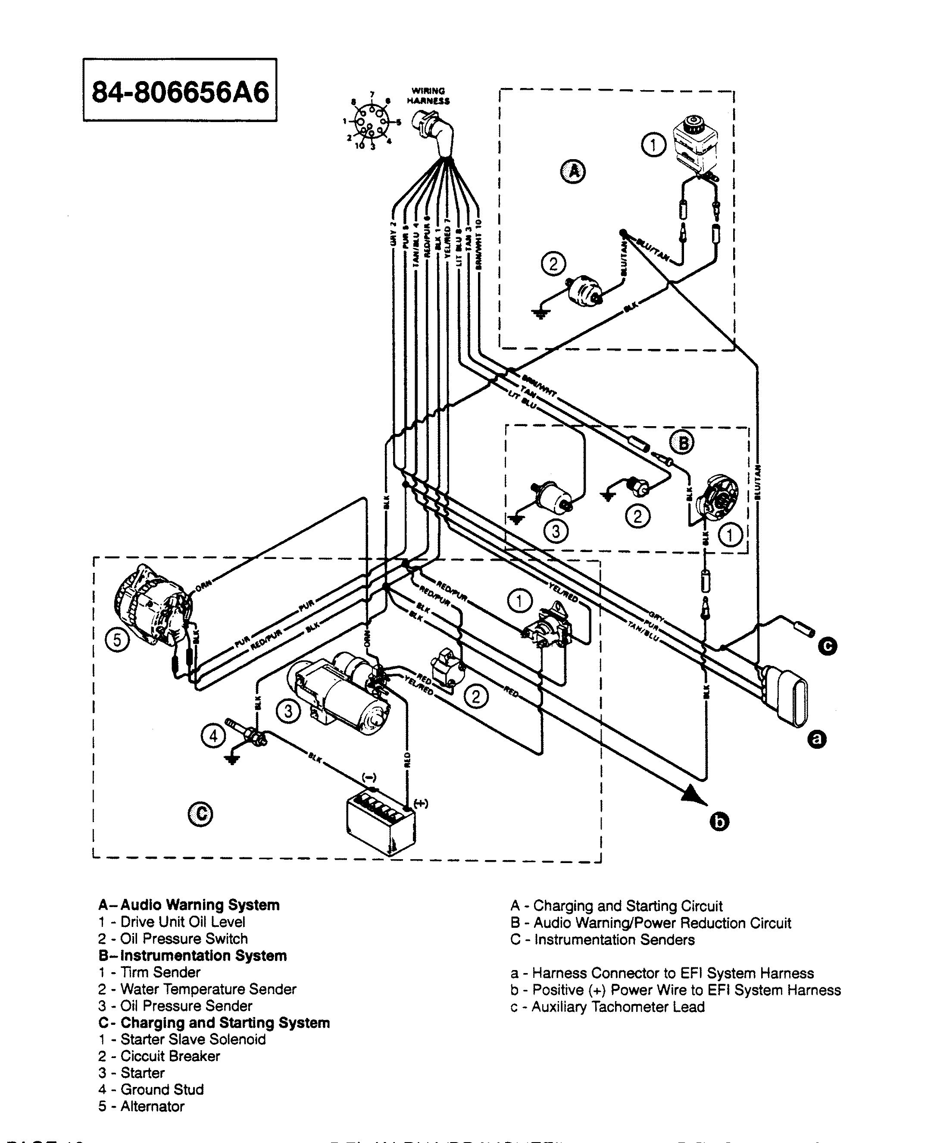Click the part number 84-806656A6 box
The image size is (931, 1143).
pyautogui.click(x=180, y=90)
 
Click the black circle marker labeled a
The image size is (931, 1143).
pyautogui.click(x=817, y=740)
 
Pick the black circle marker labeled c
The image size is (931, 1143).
pyautogui.click(x=827, y=647)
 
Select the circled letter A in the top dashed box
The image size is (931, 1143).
pyautogui.click(x=573, y=172)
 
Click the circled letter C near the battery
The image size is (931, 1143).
pyautogui.click(x=200, y=814)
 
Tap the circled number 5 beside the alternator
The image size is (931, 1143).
pyautogui.click(x=117, y=640)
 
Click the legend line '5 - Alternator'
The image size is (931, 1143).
pyautogui.click(x=141, y=1106)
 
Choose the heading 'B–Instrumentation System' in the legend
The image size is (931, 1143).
pyautogui.click(x=193, y=956)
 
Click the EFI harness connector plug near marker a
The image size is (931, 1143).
pyautogui.click(x=786, y=695)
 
